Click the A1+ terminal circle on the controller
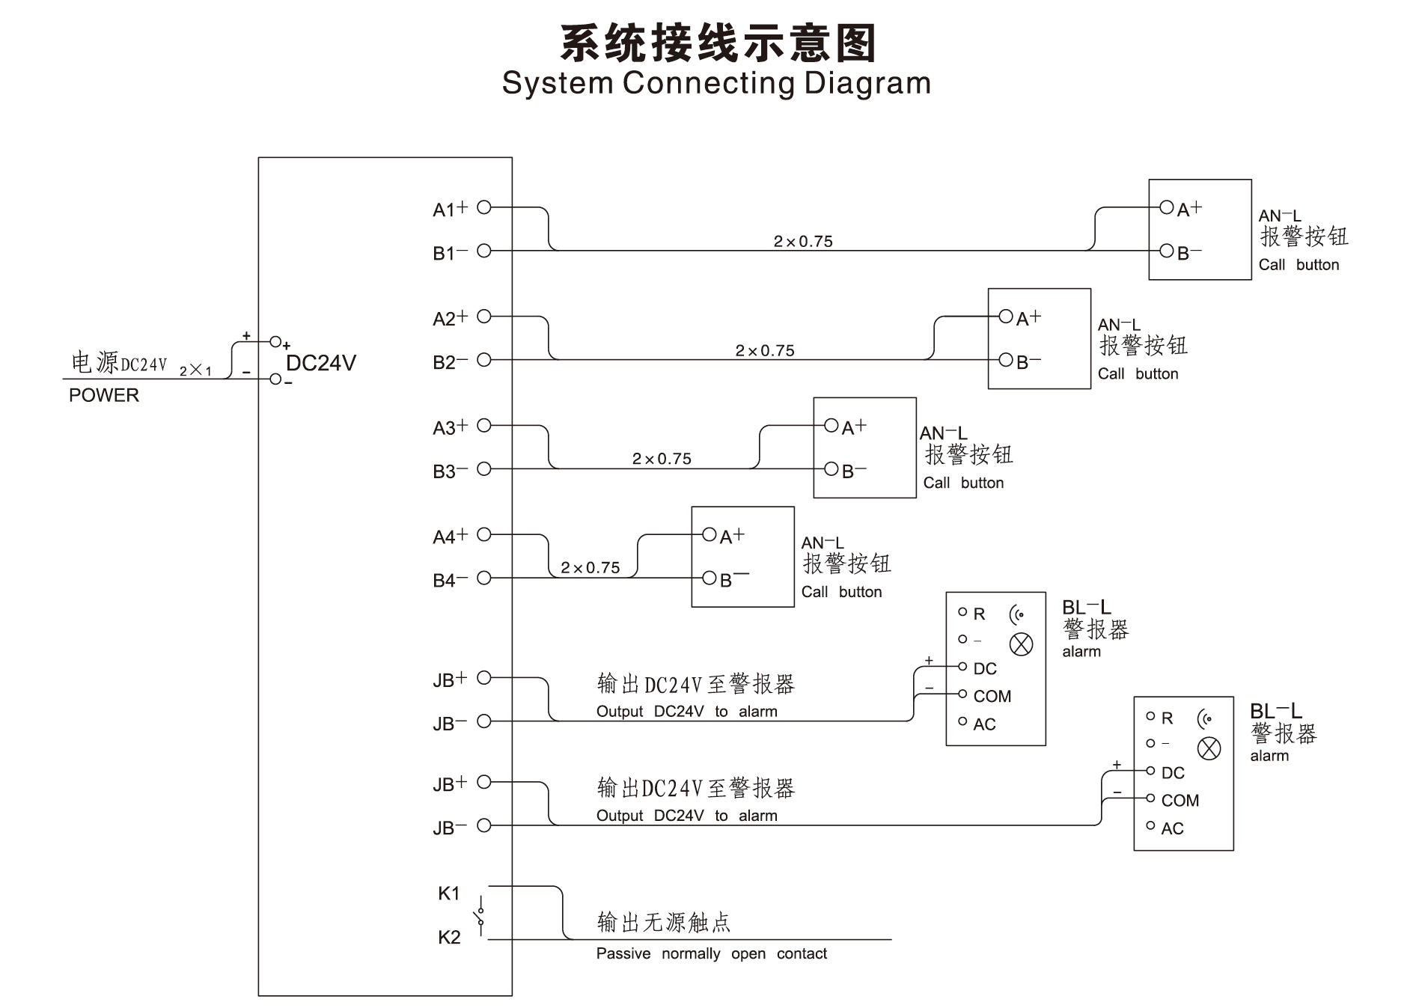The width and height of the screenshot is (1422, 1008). pyautogui.click(x=483, y=207)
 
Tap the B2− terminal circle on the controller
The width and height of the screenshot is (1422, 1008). pyautogui.click(x=483, y=360)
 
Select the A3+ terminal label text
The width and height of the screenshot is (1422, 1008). pyautogui.click(x=450, y=427)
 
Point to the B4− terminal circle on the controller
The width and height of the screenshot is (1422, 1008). pyautogui.click(x=483, y=578)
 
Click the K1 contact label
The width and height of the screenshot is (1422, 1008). pyautogui.click(x=449, y=894)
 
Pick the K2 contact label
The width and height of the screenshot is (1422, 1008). pyautogui.click(x=449, y=938)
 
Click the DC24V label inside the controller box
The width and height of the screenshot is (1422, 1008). pyautogui.click(x=321, y=364)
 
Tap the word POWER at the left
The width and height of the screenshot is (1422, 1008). pyautogui.click(x=104, y=395)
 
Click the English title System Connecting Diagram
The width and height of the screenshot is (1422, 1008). pyautogui.click(x=716, y=83)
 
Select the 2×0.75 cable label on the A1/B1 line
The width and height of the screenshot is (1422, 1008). pyautogui.click(x=803, y=242)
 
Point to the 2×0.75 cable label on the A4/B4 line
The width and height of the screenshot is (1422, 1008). pyautogui.click(x=591, y=568)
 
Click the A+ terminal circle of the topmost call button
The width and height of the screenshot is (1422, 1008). pyautogui.click(x=1166, y=207)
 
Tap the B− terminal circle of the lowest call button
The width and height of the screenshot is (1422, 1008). pyautogui.click(x=709, y=578)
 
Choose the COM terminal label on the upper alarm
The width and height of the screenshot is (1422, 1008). pyautogui.click(x=992, y=697)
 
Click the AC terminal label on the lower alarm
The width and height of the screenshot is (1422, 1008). pyautogui.click(x=1172, y=828)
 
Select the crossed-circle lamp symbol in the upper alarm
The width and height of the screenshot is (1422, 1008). pyautogui.click(x=1021, y=644)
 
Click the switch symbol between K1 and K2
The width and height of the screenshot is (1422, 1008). pyautogui.click(x=479, y=915)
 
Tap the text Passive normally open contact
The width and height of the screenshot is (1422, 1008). pyautogui.click(x=711, y=953)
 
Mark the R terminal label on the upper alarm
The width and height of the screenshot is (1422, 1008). pyautogui.click(x=979, y=614)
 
